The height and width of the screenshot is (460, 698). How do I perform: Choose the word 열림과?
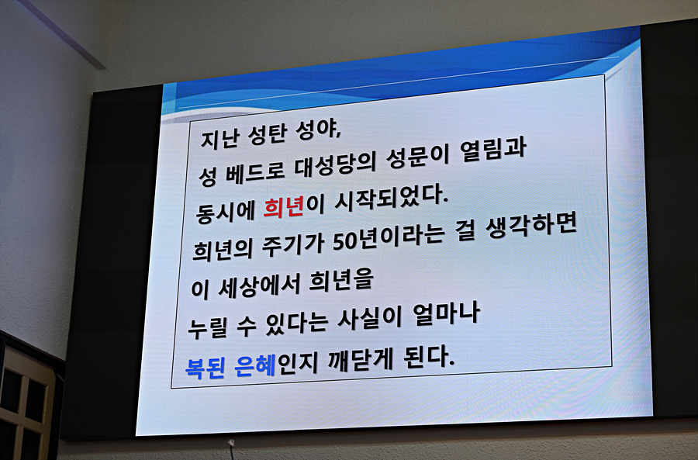point(494,150)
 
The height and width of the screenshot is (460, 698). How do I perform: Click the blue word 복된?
point(205,368)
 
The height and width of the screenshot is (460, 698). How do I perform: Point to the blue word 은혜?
point(255,365)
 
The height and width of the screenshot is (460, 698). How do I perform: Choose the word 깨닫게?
point(361,360)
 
